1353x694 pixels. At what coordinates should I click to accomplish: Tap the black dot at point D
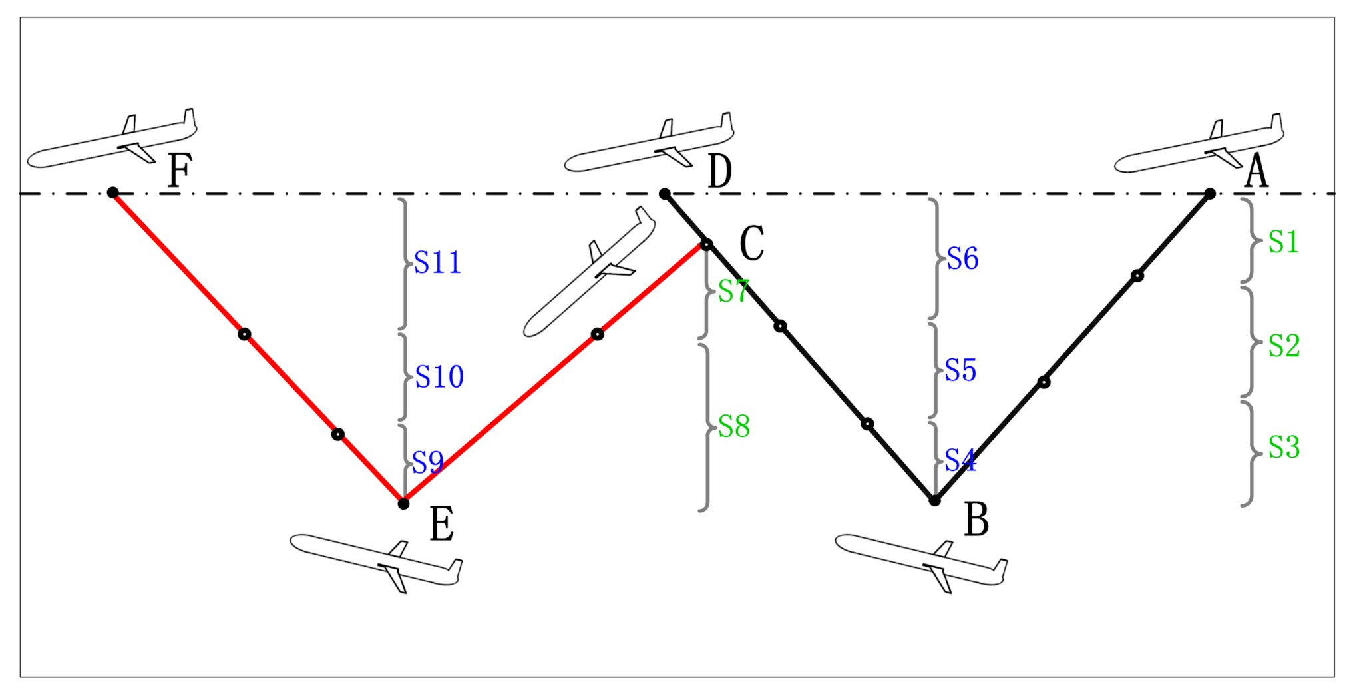click(x=664, y=194)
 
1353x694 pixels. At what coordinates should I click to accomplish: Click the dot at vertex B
click(x=934, y=500)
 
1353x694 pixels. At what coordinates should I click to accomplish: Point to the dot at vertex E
click(x=403, y=504)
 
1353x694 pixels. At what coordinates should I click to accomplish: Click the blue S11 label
click(x=437, y=262)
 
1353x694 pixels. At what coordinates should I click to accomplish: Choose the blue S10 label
click(x=439, y=377)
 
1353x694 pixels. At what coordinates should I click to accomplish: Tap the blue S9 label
click(x=427, y=462)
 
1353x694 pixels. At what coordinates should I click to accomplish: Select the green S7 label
click(x=733, y=292)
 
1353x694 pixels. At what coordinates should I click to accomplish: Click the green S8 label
click(x=734, y=426)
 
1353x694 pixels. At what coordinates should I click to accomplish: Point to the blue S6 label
click(x=962, y=258)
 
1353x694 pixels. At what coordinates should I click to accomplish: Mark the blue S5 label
click(x=960, y=370)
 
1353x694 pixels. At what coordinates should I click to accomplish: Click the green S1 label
click(x=1283, y=242)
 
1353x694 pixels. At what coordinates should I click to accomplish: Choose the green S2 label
click(x=1284, y=346)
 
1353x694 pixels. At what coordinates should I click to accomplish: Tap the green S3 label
click(x=1284, y=447)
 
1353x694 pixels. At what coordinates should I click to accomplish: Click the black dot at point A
click(x=1210, y=194)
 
